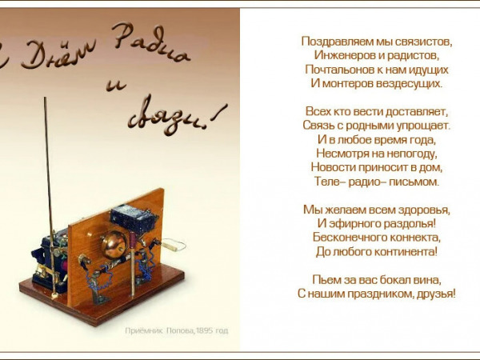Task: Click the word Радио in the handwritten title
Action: pyautogui.click(x=150, y=43)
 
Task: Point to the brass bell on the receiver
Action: pyautogui.click(x=114, y=245)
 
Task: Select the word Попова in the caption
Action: pyautogui.click(x=180, y=330)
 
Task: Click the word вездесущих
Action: pyautogui.click(x=410, y=83)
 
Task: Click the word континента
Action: pyautogui.click(x=411, y=252)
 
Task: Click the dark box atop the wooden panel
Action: pyautogui.click(x=134, y=218)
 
